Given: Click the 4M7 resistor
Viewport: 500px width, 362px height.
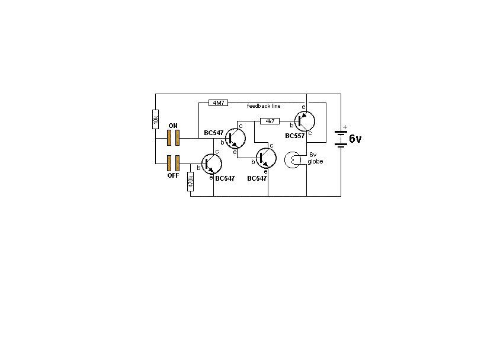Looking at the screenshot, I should pos(218,102).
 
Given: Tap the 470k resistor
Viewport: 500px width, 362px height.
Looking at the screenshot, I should pos(191,181).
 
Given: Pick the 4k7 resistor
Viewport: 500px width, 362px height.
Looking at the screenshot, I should pos(270,121).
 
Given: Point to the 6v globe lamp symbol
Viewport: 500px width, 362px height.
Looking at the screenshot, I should pos(294,161).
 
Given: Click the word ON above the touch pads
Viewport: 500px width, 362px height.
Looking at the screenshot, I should pos(173,126).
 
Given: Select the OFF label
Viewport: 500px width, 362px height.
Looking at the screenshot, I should pos(173,175).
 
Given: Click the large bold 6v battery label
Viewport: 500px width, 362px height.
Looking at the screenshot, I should pos(355,139).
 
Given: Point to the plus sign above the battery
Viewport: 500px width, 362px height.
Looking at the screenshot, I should pos(345,126).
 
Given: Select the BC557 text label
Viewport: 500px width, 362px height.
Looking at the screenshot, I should pos(294,136).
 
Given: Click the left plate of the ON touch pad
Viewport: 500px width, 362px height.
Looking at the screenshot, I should pos(169,138).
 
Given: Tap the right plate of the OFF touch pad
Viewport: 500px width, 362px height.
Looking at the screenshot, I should pos(177,162).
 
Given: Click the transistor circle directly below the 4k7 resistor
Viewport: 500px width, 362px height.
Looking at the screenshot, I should pos(266,158).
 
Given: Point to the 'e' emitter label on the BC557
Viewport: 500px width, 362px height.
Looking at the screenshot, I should pos(303,107).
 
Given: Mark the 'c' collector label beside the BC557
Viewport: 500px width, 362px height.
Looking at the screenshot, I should pos(310,133).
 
